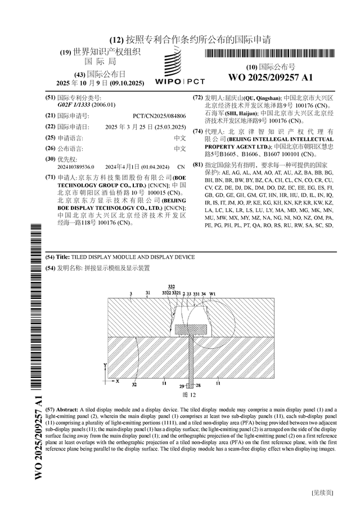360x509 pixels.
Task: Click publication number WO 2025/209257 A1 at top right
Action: pos(270,77)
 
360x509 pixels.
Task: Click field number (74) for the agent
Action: pos(198,132)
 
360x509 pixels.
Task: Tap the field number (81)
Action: pos(198,165)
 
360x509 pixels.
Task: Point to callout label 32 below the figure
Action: pos(134,385)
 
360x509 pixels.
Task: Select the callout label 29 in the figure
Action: pos(181,386)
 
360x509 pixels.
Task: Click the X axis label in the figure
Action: pos(118,381)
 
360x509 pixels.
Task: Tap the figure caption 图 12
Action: pos(188,395)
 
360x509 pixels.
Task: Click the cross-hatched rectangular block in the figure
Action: pos(192,328)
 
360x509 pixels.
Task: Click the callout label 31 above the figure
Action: pos(148,293)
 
